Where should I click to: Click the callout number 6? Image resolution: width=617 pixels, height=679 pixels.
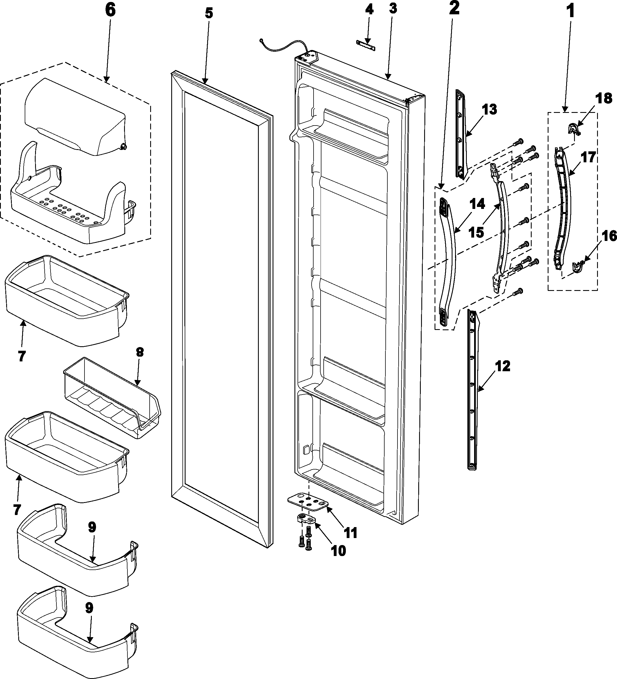coord(110,10)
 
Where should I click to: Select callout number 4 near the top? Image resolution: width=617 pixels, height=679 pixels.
coord(369,10)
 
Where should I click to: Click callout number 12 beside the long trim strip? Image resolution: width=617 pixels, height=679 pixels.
coord(502,366)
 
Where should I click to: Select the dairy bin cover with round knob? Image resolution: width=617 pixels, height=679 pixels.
coord(74,118)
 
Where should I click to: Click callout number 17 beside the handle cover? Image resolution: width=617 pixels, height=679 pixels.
coord(588,157)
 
